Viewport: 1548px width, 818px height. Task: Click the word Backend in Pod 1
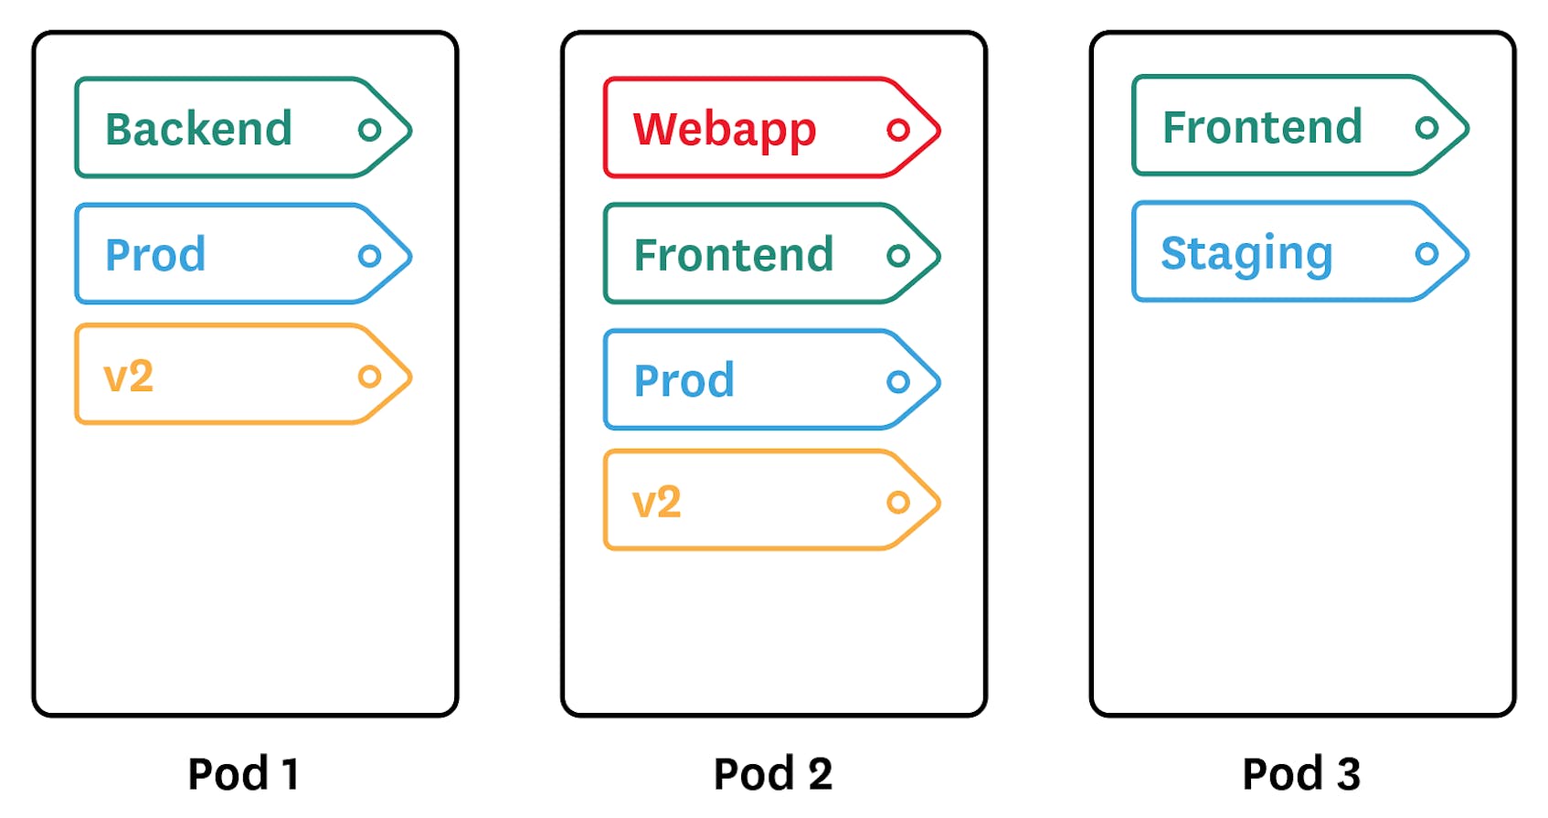click(198, 129)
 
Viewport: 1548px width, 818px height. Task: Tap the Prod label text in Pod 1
click(155, 255)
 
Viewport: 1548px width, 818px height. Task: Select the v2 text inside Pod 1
click(128, 377)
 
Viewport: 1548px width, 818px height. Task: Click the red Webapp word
click(724, 130)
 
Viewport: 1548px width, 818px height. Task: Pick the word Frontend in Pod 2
click(734, 255)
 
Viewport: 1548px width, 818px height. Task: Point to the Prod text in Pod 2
click(684, 381)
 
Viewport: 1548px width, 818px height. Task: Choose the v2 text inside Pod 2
click(656, 503)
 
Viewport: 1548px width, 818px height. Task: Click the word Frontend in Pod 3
click(1262, 127)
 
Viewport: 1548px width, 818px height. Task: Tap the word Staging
click(1246, 254)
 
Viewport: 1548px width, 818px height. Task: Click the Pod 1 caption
click(243, 774)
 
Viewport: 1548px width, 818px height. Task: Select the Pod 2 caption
click(773, 774)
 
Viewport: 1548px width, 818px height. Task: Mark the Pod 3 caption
click(1301, 774)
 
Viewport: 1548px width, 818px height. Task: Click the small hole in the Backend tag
click(369, 130)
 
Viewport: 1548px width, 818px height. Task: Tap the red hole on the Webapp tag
click(898, 130)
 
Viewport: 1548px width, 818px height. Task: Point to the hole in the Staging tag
click(1426, 253)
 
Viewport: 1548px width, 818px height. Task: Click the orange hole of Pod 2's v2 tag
click(898, 502)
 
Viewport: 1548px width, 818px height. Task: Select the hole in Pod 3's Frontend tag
click(1426, 128)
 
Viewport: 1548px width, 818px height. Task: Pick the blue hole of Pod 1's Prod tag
click(369, 256)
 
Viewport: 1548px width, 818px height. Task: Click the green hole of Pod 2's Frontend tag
click(898, 256)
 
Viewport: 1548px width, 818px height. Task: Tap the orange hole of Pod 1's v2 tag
click(369, 377)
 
